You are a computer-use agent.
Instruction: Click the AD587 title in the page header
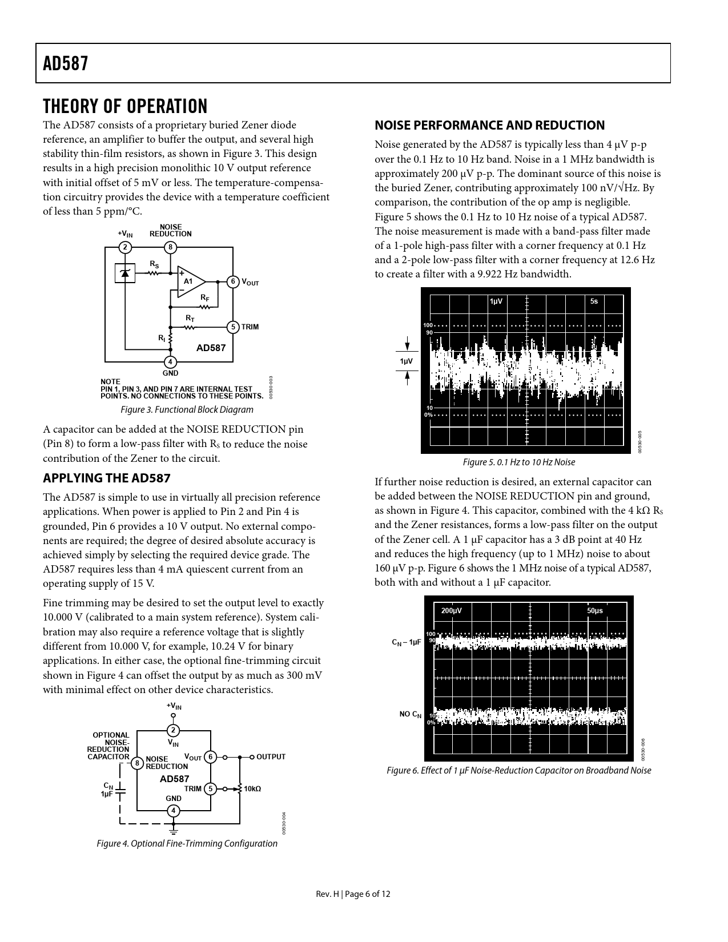pyautogui.click(x=66, y=63)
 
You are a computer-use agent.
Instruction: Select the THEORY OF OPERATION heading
pyautogui.click(x=125, y=106)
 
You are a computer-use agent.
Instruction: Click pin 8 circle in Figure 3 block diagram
pyautogui.click(x=170, y=247)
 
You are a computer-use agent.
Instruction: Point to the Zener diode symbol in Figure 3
pyautogui.click(x=125, y=273)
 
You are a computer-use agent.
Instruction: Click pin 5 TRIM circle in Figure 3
pyautogui.click(x=233, y=327)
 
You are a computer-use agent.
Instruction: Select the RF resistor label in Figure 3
pyautogui.click(x=204, y=298)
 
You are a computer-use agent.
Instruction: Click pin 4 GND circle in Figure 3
pyautogui.click(x=170, y=361)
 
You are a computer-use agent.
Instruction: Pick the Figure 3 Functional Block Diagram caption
pyautogui.click(x=187, y=409)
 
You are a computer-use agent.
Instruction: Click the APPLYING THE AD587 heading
pyautogui.click(x=107, y=478)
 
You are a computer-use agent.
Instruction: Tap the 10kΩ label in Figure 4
pyautogui.click(x=252, y=789)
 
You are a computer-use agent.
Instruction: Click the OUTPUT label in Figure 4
pyautogui.click(x=271, y=757)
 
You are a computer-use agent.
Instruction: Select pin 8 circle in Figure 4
pyautogui.click(x=137, y=763)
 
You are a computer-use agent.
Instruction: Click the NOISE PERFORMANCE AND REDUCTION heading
pyautogui.click(x=489, y=126)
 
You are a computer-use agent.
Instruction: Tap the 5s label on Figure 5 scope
pyautogui.click(x=594, y=301)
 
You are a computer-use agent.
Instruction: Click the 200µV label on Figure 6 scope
pyautogui.click(x=452, y=611)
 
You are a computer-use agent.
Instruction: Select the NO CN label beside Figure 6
pyautogui.click(x=410, y=714)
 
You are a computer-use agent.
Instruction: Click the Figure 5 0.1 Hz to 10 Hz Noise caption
pyautogui.click(x=518, y=462)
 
